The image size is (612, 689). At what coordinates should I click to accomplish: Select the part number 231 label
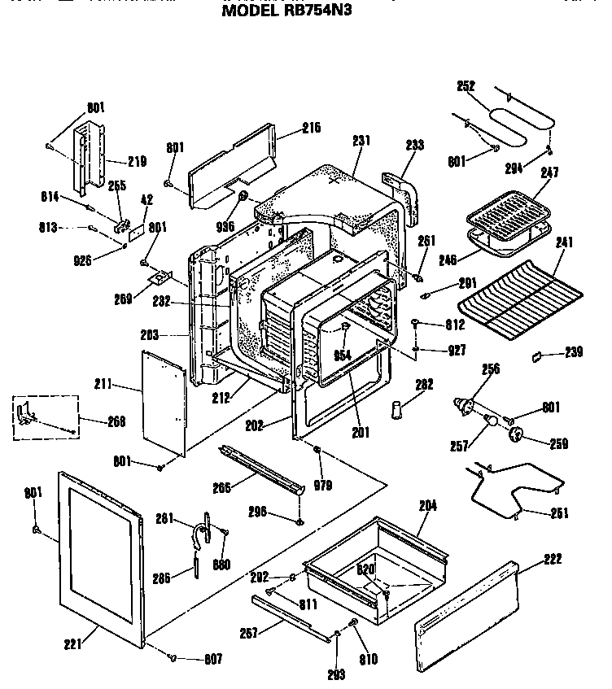coord(361,140)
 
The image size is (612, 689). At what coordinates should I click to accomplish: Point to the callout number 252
coord(467,85)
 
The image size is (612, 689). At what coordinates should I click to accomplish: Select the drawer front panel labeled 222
coord(466,613)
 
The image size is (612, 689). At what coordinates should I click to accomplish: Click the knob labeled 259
coord(515,435)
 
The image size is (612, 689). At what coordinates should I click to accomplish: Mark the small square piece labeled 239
coord(536,355)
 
